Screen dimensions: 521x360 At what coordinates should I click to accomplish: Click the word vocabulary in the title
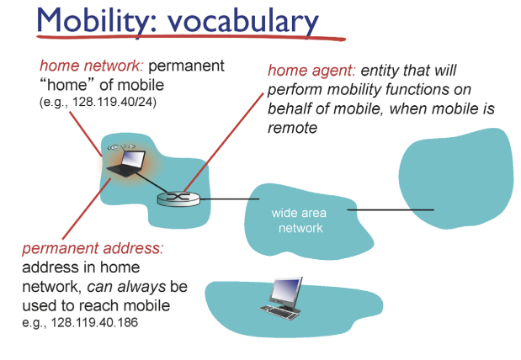243,22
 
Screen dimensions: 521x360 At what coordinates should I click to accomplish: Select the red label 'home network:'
92,66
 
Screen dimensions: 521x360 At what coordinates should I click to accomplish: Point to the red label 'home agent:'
311,71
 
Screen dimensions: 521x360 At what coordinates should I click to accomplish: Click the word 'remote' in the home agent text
292,128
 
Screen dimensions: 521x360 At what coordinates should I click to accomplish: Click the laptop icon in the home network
126,163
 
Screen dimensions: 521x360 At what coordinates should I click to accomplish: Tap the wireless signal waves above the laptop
121,146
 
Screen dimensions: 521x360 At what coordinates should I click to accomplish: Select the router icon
178,199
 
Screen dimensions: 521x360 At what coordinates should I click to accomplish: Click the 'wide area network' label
299,220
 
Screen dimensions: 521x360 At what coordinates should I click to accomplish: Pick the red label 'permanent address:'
93,248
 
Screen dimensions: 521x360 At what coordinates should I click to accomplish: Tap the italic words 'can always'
126,287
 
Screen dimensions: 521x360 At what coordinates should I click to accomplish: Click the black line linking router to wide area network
229,199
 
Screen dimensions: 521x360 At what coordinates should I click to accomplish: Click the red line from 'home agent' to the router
224,142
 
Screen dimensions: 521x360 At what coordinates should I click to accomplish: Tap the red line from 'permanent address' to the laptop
87,209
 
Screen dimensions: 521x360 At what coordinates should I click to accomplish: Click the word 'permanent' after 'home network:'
186,66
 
